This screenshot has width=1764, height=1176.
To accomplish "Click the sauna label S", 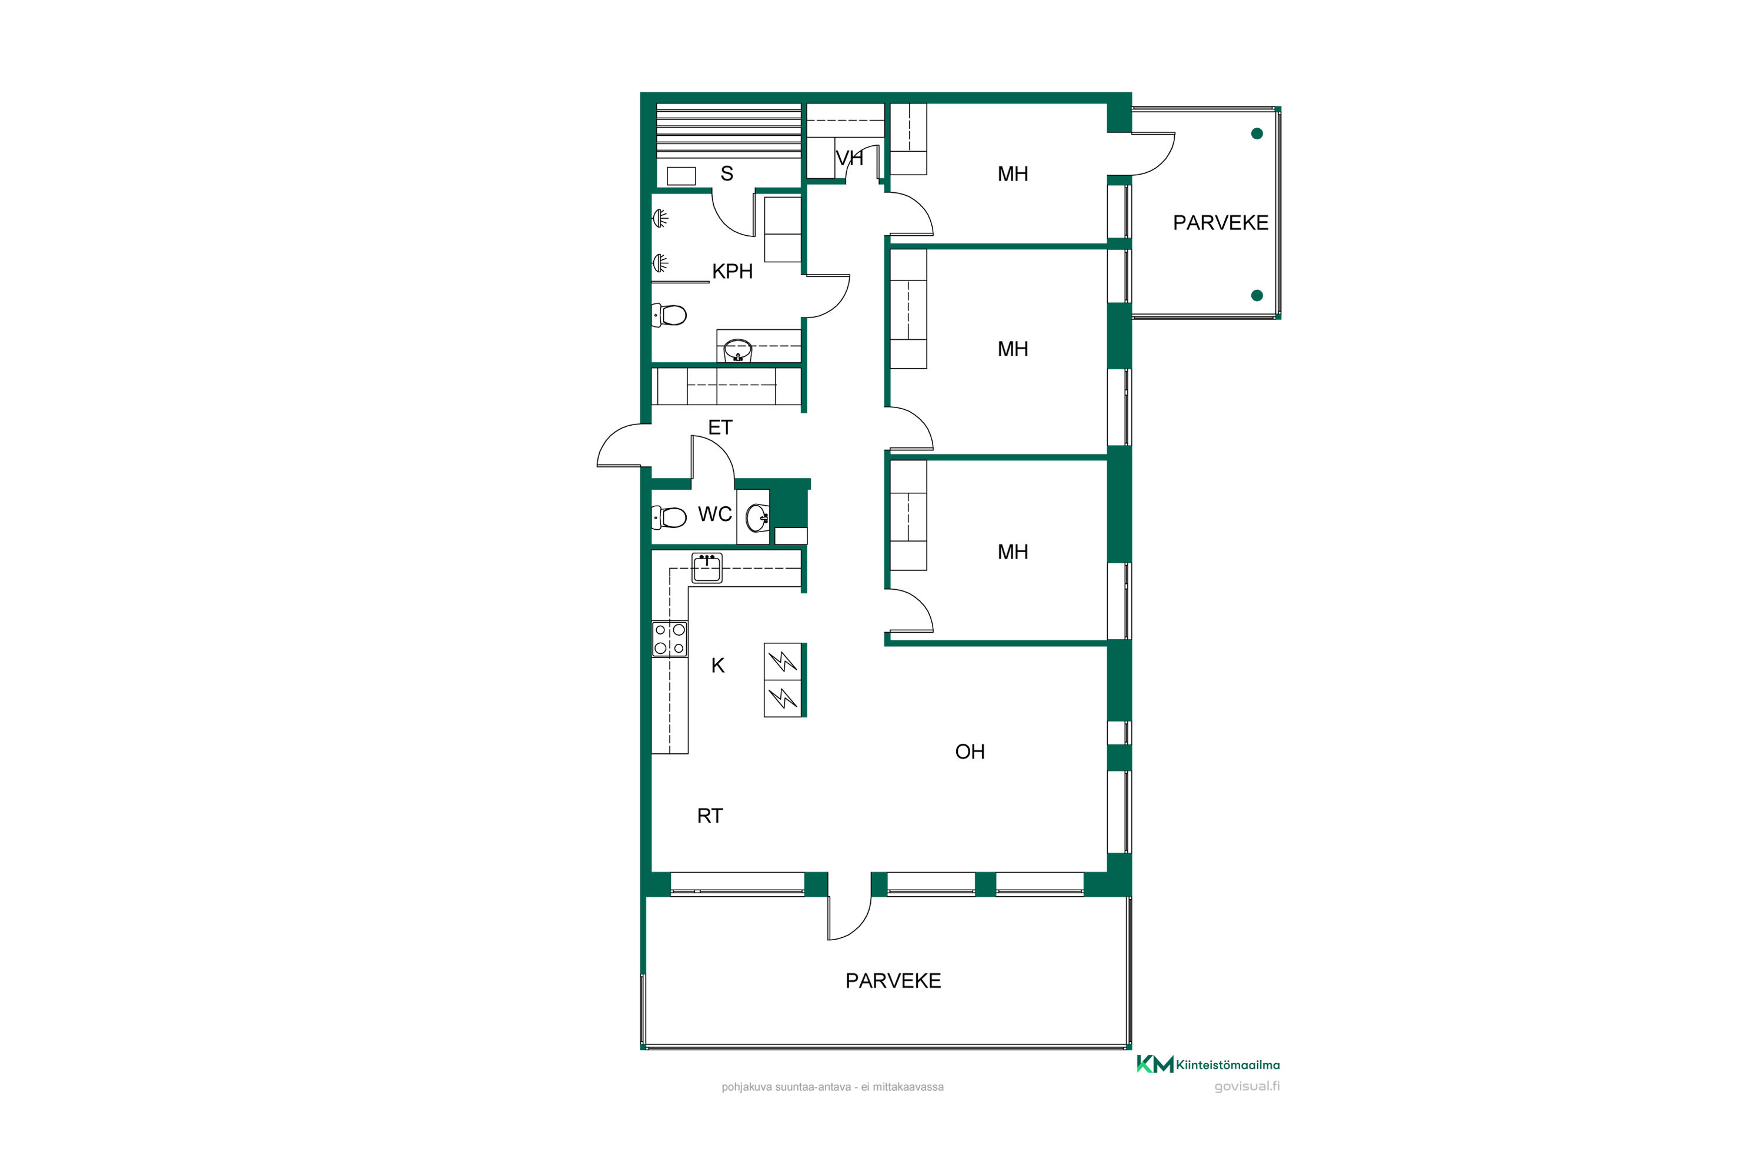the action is tap(727, 174).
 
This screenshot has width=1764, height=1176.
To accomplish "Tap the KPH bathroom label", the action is tap(732, 272).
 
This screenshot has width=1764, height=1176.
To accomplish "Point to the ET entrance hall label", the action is tap(720, 427).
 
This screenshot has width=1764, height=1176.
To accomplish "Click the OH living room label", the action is tap(970, 751).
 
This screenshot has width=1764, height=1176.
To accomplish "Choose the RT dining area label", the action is tap(710, 816).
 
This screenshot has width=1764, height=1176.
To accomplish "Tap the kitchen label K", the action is tap(718, 665).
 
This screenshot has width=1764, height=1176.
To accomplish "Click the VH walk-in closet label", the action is tap(849, 158).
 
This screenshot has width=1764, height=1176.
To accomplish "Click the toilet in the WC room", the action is tap(669, 517).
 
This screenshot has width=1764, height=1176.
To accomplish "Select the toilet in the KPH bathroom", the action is tap(669, 315).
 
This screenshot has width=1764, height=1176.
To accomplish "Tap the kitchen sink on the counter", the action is tap(707, 569).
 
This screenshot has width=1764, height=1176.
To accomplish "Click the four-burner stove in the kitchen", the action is tap(669, 639).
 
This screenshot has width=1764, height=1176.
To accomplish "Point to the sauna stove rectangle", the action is tap(681, 176).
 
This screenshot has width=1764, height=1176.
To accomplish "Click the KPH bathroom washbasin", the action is tap(738, 350).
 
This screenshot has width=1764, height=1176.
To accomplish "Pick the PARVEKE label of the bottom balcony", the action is tap(893, 981).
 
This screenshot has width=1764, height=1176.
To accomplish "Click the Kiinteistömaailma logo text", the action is tap(1228, 1065).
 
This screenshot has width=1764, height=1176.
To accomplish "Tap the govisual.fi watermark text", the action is tap(1247, 1087).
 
